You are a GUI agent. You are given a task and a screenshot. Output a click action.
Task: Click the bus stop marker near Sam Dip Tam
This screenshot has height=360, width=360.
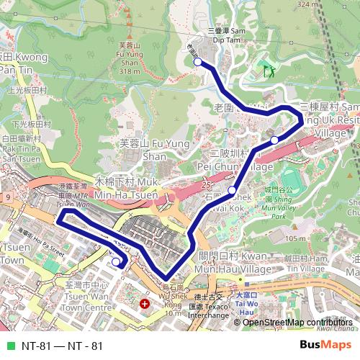198,63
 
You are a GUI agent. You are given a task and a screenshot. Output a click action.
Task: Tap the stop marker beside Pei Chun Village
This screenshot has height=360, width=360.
274,140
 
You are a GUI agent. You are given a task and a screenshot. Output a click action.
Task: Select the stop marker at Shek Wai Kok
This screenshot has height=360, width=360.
232,191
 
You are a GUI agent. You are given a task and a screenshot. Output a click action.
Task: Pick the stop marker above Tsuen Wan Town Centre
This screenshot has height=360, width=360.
116,262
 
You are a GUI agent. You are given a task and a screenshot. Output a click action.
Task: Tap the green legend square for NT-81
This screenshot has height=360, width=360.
10,346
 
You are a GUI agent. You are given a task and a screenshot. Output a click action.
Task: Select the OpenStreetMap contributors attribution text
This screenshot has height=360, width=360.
297,322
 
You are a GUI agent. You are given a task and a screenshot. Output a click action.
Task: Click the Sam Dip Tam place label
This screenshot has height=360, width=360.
228,35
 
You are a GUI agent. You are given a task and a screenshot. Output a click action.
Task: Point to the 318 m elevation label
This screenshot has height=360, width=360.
129,71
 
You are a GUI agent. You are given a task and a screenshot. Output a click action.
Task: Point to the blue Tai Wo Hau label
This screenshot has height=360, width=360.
246,304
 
